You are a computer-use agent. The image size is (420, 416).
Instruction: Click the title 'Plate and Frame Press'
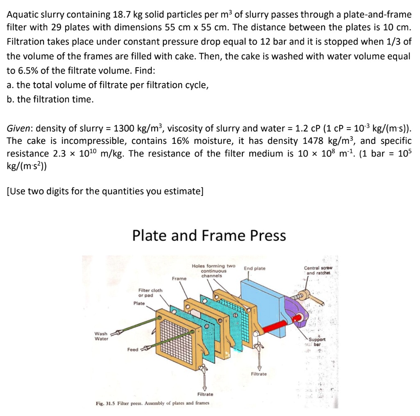coord(209,236)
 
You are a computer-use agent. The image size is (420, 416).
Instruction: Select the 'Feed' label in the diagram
coord(132,350)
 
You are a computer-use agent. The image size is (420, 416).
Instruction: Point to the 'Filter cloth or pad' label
coord(150,293)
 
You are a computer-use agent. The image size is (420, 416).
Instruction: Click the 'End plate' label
coord(255,268)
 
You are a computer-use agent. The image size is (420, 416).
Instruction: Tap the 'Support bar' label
coord(317,342)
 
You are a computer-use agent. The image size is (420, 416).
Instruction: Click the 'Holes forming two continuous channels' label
coord(213,271)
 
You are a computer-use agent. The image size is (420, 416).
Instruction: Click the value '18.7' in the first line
coord(120,15)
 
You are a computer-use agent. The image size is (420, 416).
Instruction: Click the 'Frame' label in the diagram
coord(179,278)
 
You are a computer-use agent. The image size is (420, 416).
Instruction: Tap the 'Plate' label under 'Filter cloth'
coord(139,303)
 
